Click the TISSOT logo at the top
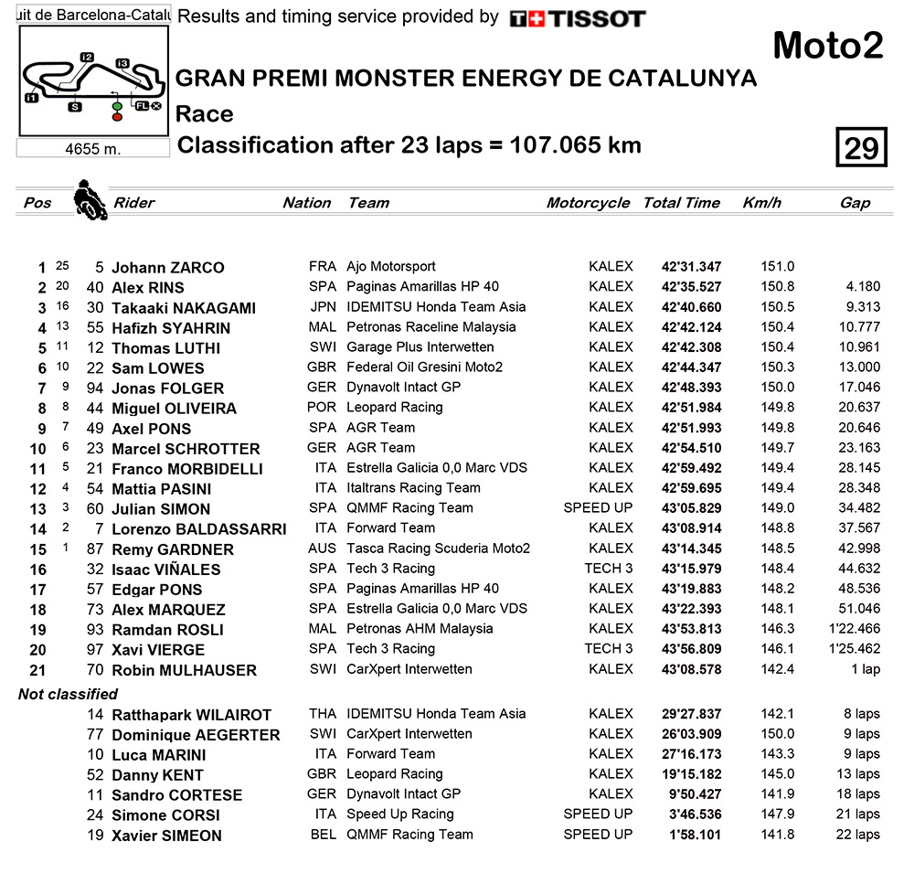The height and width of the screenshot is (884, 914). click(x=577, y=18)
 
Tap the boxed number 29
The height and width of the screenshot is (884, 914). click(x=861, y=147)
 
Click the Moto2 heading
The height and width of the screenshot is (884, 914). click(x=828, y=46)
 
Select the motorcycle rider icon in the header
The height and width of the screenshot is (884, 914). click(x=89, y=198)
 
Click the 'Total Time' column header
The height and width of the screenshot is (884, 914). click(x=681, y=203)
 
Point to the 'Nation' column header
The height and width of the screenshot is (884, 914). click(x=306, y=203)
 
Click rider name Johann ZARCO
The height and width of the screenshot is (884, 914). click(x=167, y=268)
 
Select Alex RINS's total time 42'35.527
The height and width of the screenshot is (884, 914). click(x=691, y=287)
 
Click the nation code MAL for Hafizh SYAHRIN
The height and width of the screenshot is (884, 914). click(x=323, y=327)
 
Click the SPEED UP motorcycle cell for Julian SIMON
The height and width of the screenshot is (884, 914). click(x=598, y=508)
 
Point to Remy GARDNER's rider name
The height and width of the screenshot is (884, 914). click(x=172, y=549)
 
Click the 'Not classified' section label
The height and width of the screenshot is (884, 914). click(x=69, y=695)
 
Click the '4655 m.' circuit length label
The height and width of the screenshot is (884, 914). click(x=93, y=149)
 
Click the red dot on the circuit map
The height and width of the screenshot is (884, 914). click(x=117, y=118)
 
